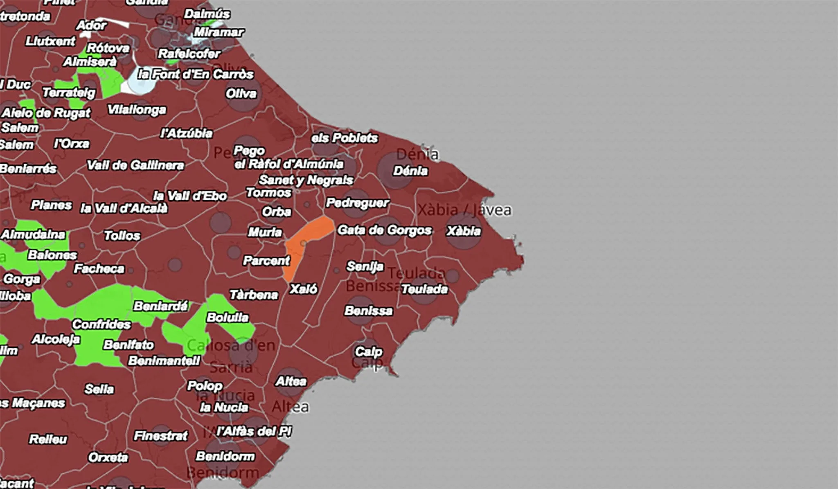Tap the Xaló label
[x=303, y=289]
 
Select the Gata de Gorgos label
[x=384, y=230]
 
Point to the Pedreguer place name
[x=357, y=203]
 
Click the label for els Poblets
[x=344, y=138]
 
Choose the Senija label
[x=365, y=266]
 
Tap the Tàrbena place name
[x=254, y=295]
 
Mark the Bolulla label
[x=228, y=317]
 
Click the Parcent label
[x=266, y=261]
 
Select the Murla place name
[x=265, y=232]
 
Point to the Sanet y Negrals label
[x=306, y=180]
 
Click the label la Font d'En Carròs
[x=196, y=74]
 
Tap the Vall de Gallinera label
[x=135, y=165]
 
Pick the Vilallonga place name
[x=137, y=110]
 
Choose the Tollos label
[x=122, y=235]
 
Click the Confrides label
[x=101, y=324]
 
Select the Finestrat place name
[x=161, y=436]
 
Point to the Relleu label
[x=48, y=439]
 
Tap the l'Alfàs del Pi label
[x=254, y=431]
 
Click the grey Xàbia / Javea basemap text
[x=464, y=210]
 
